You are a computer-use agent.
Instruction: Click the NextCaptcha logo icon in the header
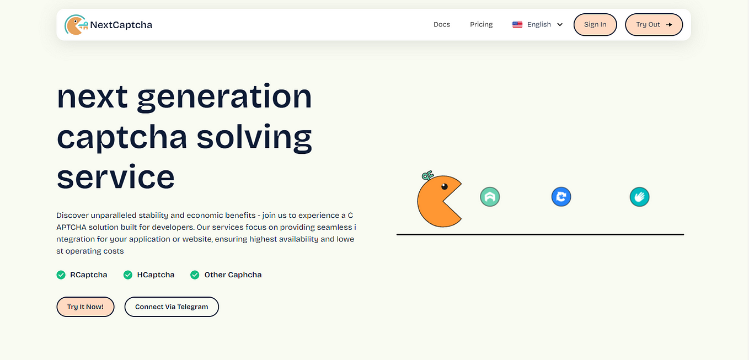pos(76,25)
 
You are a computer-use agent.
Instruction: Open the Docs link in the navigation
pos(442,24)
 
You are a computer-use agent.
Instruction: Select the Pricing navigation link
pos(481,24)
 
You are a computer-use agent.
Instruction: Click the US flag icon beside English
pos(517,24)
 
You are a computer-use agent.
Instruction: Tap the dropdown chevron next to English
pos(560,24)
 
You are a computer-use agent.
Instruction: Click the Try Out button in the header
pos(654,24)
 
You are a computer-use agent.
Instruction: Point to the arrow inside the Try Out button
pos(669,24)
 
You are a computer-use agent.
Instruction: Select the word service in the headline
pos(116,177)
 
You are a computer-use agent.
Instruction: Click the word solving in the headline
pos(254,139)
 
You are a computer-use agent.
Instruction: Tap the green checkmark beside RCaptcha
pos(61,275)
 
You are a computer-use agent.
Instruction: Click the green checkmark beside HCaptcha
pos(128,275)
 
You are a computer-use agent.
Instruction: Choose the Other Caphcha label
pos(233,275)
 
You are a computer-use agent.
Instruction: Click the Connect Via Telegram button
pos(172,307)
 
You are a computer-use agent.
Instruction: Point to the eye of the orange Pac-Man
pos(445,186)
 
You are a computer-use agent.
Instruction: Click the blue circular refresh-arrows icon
pos(561,197)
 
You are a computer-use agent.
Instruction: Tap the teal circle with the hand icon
pos(639,197)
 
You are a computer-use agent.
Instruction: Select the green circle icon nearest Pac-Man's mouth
pos(490,197)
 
